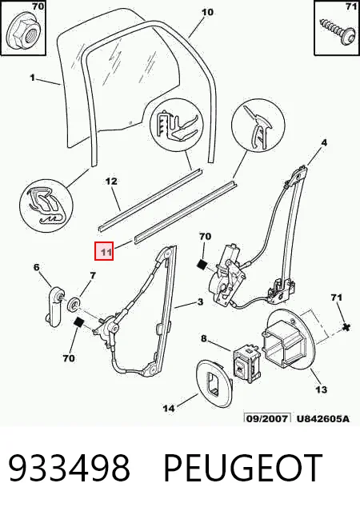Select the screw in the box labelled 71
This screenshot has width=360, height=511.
337,30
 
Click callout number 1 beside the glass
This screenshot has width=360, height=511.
32,78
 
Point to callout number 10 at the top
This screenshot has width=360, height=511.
207,12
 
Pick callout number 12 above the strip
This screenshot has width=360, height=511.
111,182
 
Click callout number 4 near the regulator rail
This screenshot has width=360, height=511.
324,142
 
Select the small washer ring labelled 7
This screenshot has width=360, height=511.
75,304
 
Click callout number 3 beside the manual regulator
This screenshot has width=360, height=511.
200,302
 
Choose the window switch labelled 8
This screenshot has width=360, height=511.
246,361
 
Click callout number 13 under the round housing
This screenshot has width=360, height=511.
321,389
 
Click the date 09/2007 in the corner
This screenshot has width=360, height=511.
267,418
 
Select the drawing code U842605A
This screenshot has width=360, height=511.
323,418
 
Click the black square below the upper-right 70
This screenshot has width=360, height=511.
202,265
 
